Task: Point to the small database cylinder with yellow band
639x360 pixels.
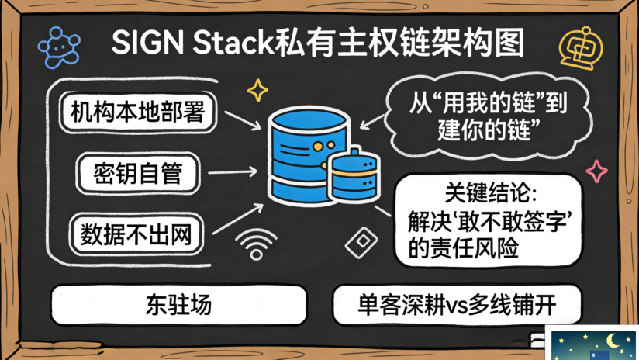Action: [355, 175]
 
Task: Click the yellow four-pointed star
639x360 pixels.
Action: [257, 90]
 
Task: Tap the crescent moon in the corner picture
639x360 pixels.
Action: [613, 340]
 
